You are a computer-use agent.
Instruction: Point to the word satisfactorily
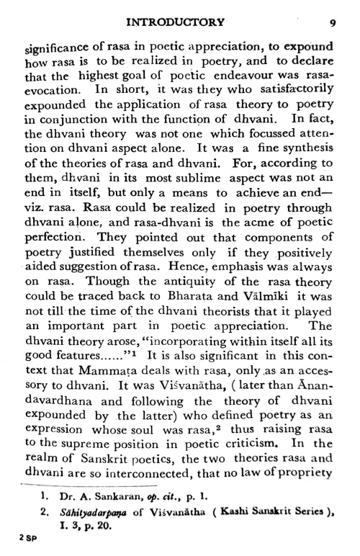tap(293, 90)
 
